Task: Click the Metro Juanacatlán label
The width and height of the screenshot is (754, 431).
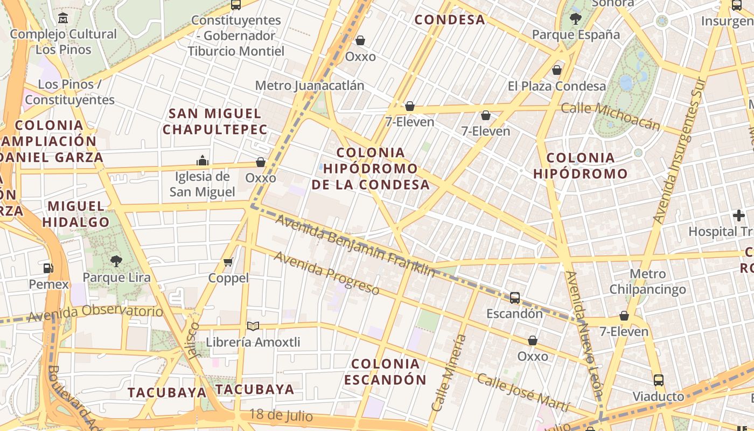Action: (309, 86)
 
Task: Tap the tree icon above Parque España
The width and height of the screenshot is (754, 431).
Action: (575, 19)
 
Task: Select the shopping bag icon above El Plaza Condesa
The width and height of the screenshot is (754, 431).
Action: (557, 70)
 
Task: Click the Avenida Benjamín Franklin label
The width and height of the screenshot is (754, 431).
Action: (355, 246)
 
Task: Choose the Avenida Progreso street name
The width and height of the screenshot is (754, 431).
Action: (326, 273)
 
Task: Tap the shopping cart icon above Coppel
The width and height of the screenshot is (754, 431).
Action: (228, 262)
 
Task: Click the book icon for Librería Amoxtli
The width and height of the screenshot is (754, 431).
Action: (253, 326)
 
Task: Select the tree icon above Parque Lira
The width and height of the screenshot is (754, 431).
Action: (116, 261)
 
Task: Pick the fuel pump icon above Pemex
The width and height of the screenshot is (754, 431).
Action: (48, 268)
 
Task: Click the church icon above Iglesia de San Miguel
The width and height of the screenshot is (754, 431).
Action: (203, 161)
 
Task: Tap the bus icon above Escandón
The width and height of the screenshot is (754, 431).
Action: (515, 297)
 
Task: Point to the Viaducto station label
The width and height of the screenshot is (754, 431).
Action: (658, 397)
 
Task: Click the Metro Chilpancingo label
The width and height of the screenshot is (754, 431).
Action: (647, 281)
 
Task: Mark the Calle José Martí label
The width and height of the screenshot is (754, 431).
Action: (523, 392)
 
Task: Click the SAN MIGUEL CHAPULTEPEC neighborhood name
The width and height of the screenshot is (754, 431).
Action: (215, 121)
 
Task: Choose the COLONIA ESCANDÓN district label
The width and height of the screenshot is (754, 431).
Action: (385, 371)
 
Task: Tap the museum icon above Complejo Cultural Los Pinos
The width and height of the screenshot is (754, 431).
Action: (63, 18)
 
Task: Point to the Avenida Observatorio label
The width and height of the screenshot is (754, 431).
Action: (95, 312)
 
